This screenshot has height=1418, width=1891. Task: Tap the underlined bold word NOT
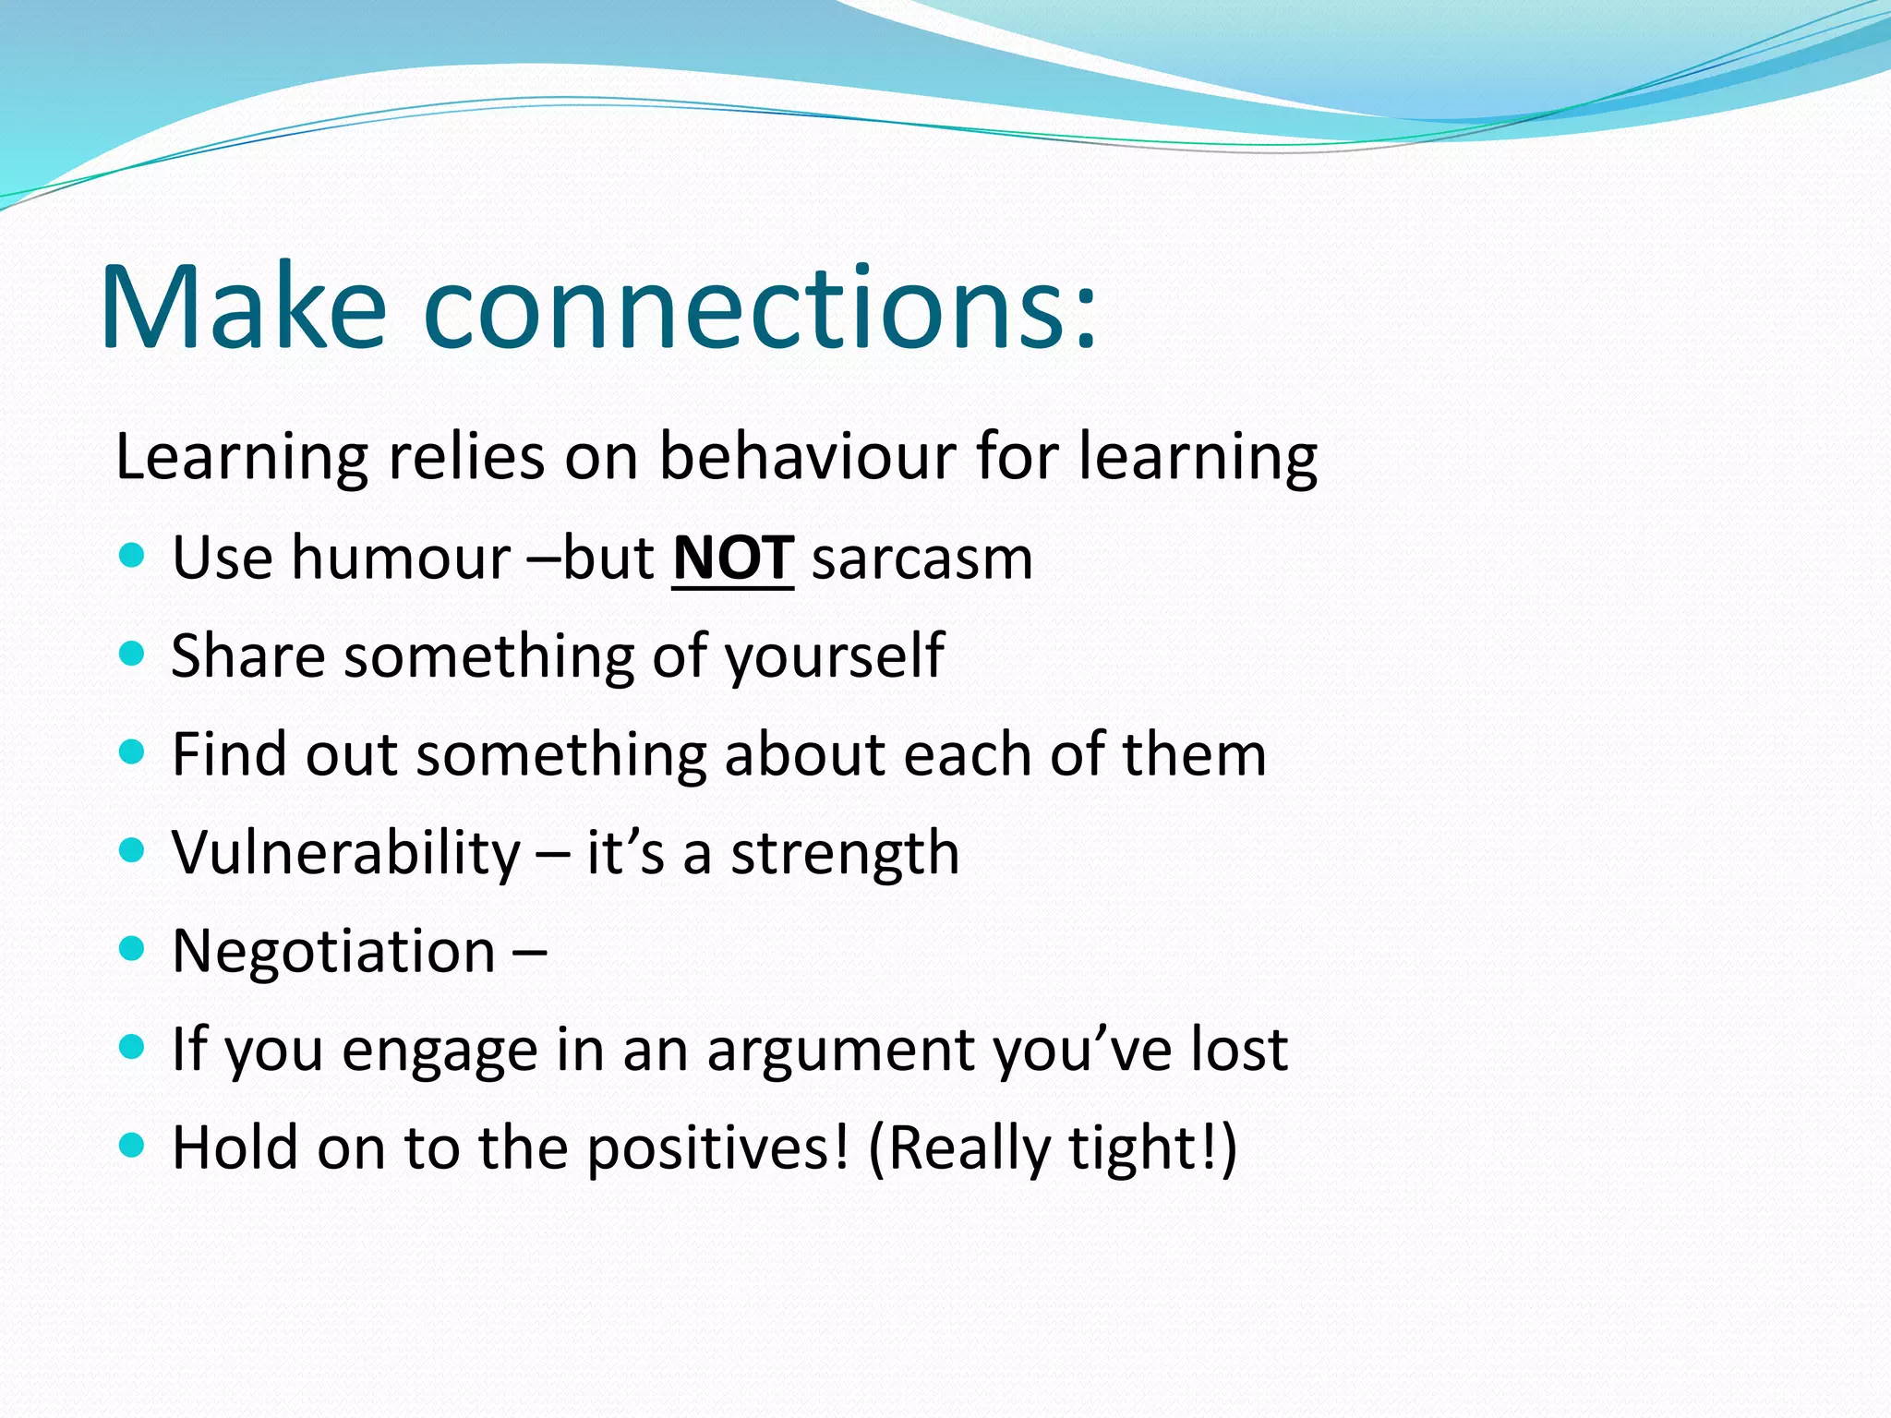(732, 558)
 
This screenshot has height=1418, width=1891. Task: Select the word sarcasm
(921, 559)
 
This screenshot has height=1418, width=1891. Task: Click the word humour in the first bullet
(401, 559)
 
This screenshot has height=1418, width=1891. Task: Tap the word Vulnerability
(346, 853)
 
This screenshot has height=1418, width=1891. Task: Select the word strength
(845, 853)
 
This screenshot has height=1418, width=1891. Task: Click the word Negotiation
(334, 951)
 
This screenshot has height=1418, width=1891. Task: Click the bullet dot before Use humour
(133, 556)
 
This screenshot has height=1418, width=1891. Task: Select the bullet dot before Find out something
(133, 752)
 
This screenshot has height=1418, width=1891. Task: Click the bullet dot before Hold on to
(133, 1146)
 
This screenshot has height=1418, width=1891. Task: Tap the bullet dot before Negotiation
(133, 948)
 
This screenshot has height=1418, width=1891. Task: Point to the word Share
(248, 655)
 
